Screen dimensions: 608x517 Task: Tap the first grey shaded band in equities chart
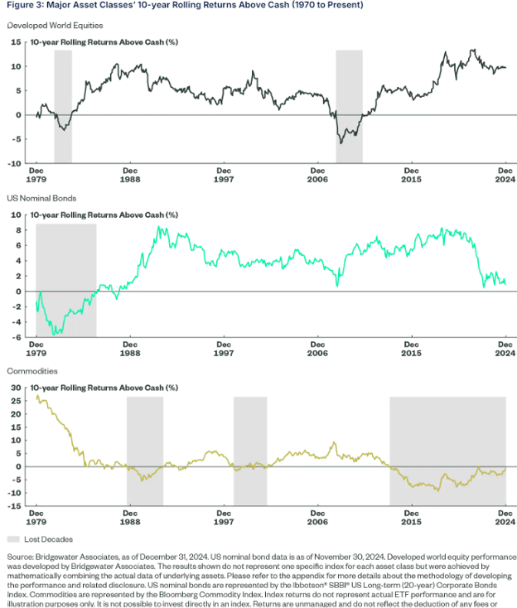coord(63,106)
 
